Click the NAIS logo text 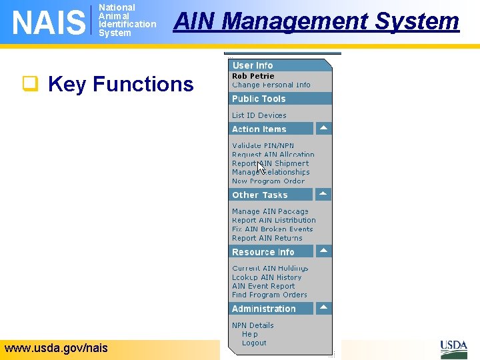coord(49,22)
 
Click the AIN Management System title coord(316,21)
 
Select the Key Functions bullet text coord(121,84)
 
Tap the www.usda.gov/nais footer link coord(56,347)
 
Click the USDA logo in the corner coord(453,349)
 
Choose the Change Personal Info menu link coord(271,85)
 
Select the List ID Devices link coord(259,115)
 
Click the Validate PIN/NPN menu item coord(263,145)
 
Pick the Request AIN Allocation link coord(273,155)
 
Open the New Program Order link coord(268,181)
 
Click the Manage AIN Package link coord(270,211)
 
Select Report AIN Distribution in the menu coord(273,220)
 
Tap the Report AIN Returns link coord(267,238)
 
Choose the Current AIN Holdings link coord(270,268)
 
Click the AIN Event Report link coord(263,286)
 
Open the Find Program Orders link coord(269,295)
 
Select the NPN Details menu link coord(253,325)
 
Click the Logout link coord(254,343)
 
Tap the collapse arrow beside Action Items coord(323,128)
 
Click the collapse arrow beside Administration coord(323,308)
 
